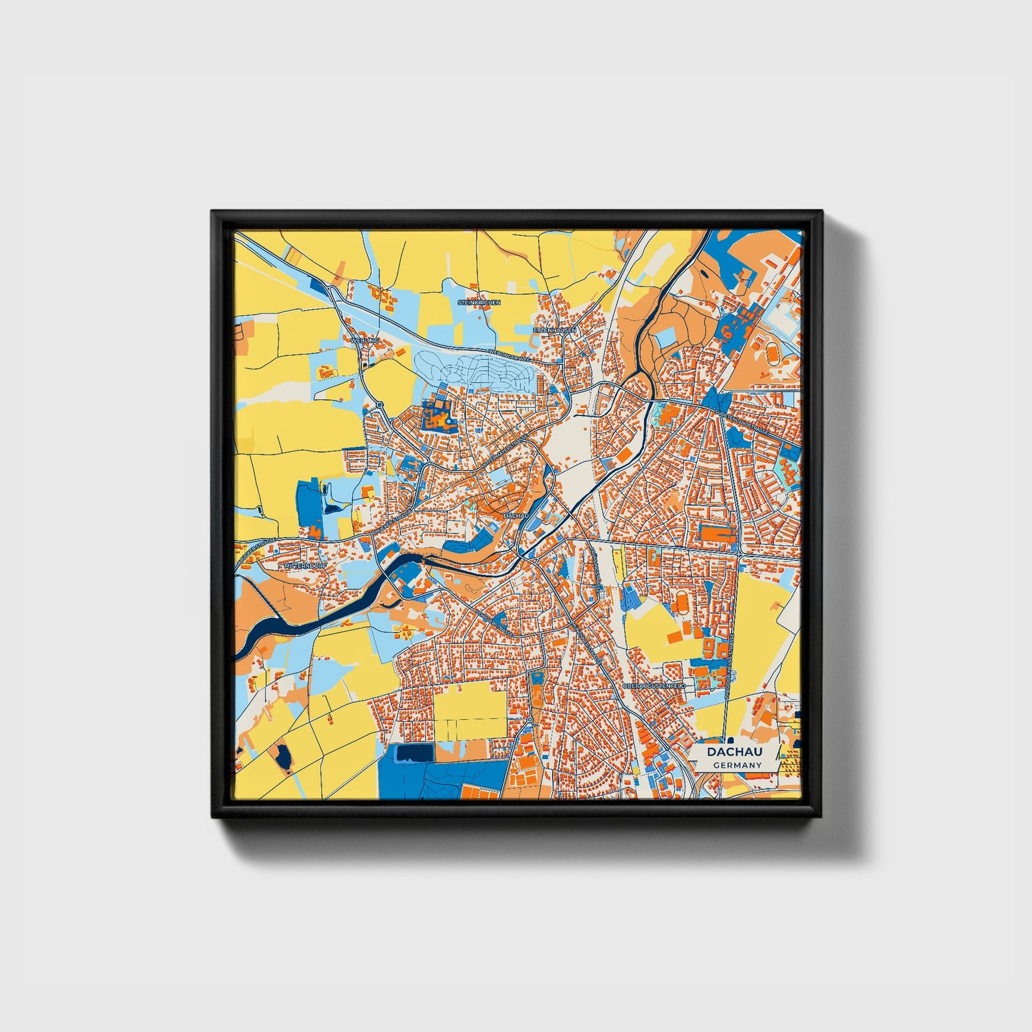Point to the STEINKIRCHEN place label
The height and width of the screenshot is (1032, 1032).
pyautogui.click(x=479, y=302)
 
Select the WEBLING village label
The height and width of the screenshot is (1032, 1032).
pyautogui.click(x=364, y=341)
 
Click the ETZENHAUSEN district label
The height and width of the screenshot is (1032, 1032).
pyautogui.click(x=554, y=330)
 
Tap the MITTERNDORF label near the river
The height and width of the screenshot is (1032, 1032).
pyautogui.click(x=305, y=566)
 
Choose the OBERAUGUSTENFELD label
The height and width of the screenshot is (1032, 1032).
pyautogui.click(x=653, y=685)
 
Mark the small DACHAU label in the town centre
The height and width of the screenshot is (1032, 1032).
pyautogui.click(x=515, y=515)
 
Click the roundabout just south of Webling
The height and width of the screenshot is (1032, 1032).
pyautogui.click(x=380, y=405)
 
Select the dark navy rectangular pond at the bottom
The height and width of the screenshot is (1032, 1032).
pyautogui.click(x=414, y=753)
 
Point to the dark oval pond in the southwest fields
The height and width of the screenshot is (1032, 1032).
pyautogui.click(x=284, y=757)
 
